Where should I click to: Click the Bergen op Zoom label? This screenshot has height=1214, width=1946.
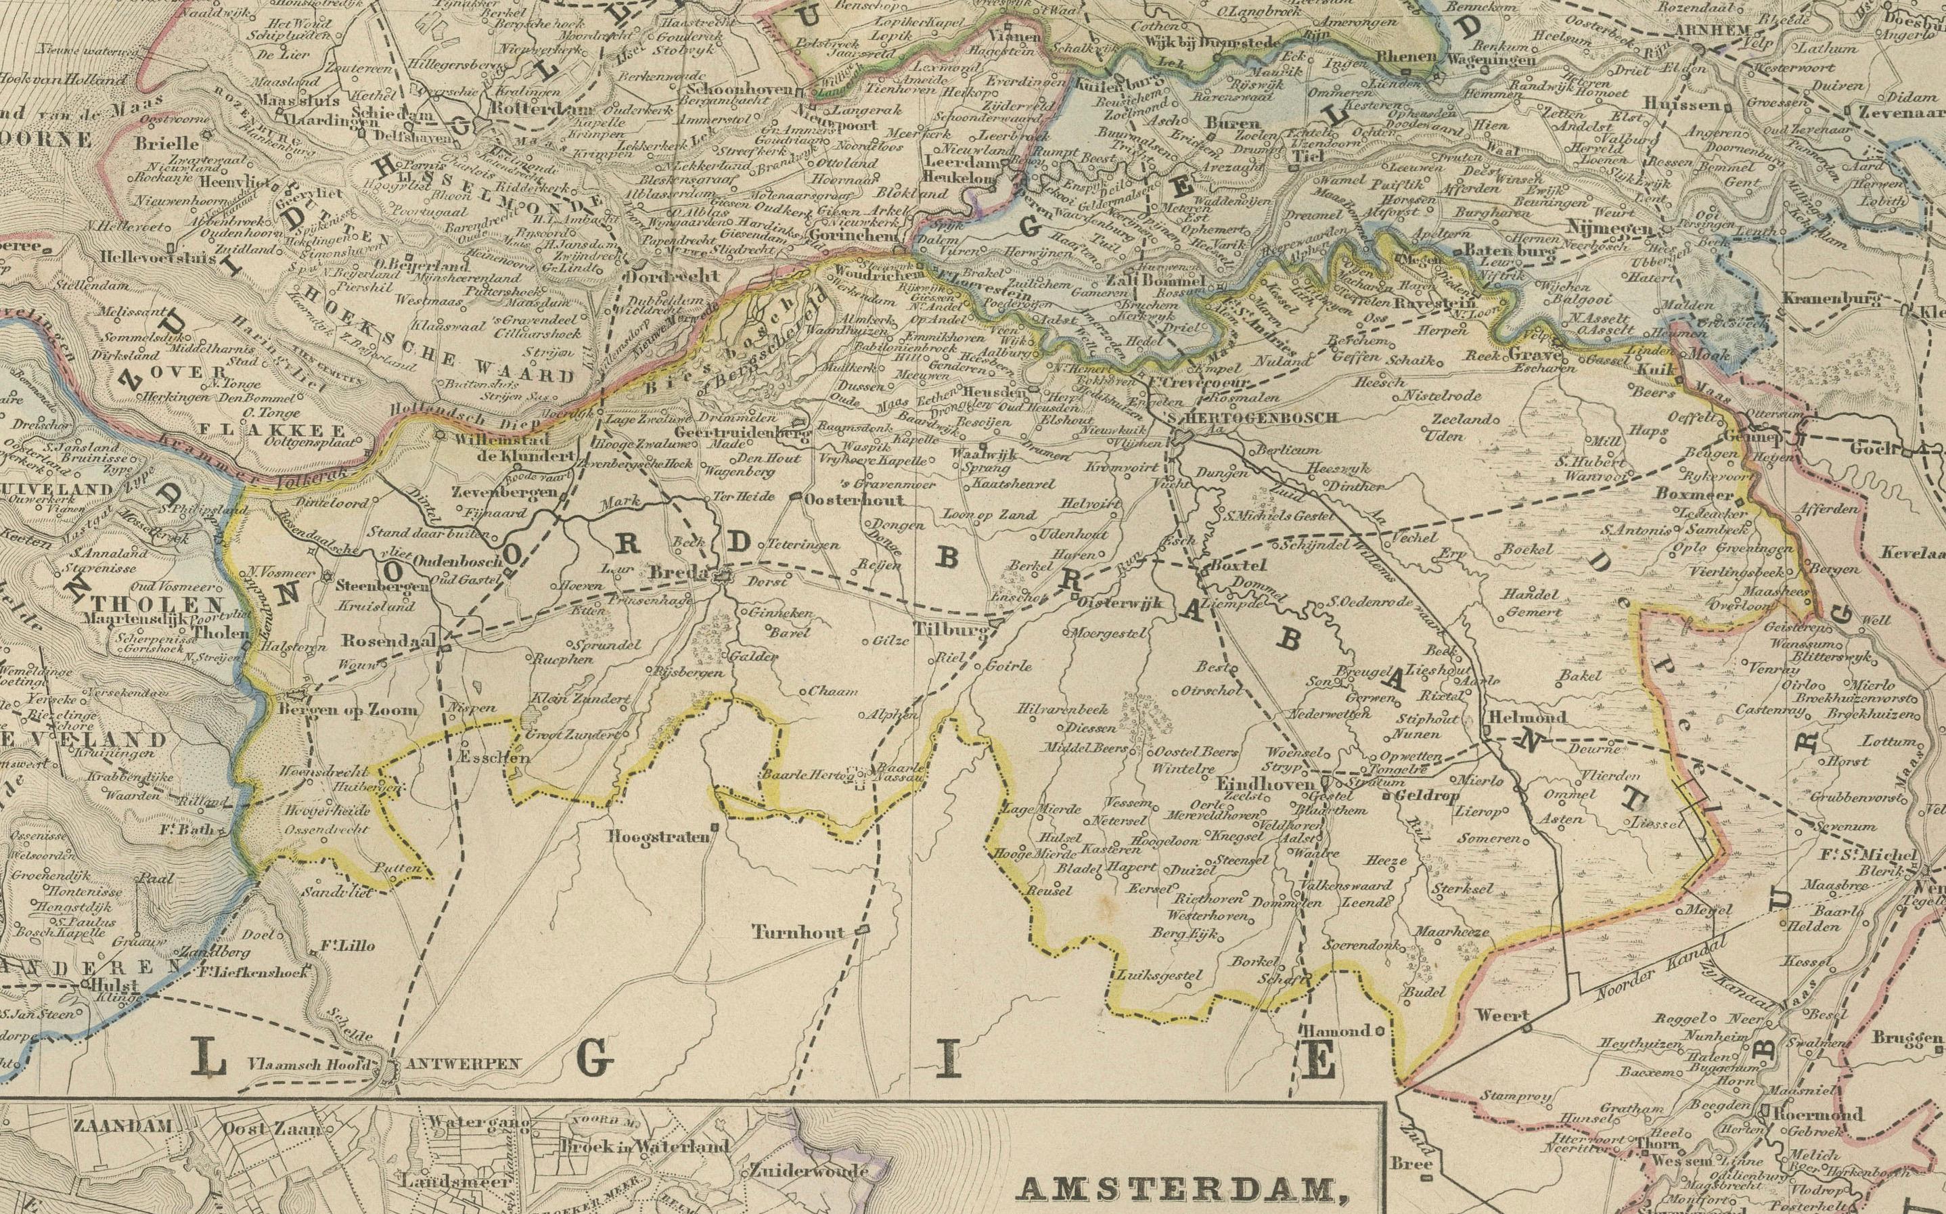(348, 709)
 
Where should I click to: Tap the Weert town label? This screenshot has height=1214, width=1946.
(1502, 1016)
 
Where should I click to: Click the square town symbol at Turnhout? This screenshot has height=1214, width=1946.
(863, 930)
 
